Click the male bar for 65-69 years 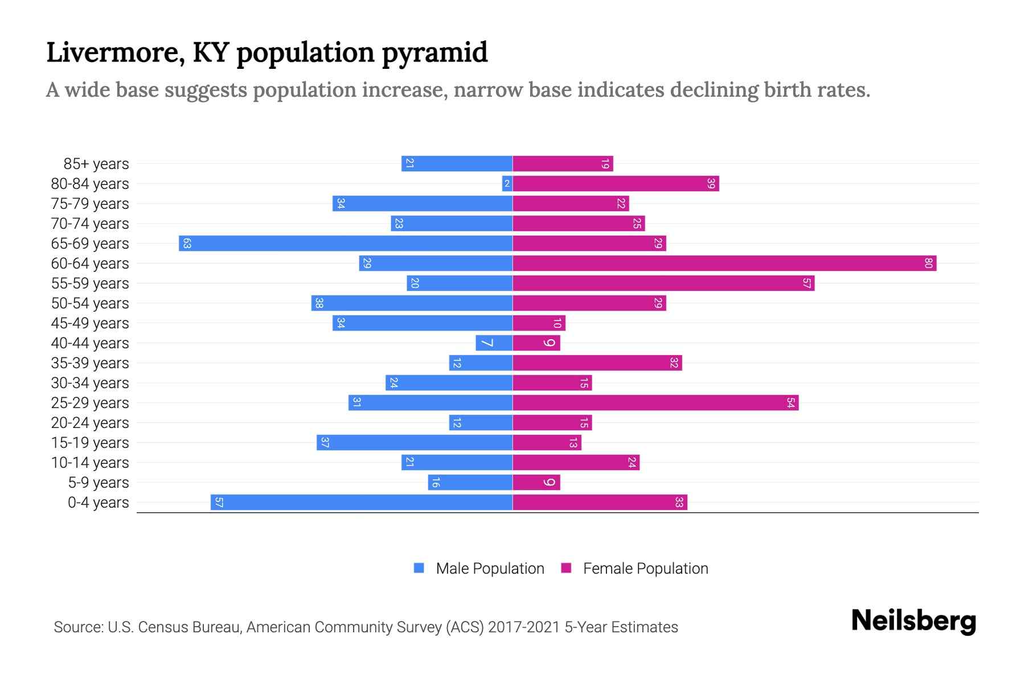pyautogui.click(x=346, y=244)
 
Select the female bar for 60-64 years pyautogui.click(x=724, y=264)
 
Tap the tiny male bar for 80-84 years pyautogui.click(x=507, y=184)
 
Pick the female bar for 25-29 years pyautogui.click(x=655, y=403)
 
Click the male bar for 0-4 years pyautogui.click(x=362, y=503)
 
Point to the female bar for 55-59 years pyautogui.click(x=663, y=283)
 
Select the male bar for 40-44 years pyautogui.click(x=494, y=343)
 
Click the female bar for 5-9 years pyautogui.click(x=536, y=483)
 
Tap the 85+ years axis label pyautogui.click(x=96, y=164)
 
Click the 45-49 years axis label pyautogui.click(x=90, y=323)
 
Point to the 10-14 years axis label pyautogui.click(x=90, y=463)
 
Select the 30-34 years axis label pyautogui.click(x=90, y=383)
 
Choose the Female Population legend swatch pyautogui.click(x=566, y=568)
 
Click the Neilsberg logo pyautogui.click(x=913, y=621)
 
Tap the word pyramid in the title pyautogui.click(x=434, y=53)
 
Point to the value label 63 pyautogui.click(x=187, y=244)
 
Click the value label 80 pyautogui.click(x=928, y=264)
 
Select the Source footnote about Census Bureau pyautogui.click(x=366, y=627)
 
